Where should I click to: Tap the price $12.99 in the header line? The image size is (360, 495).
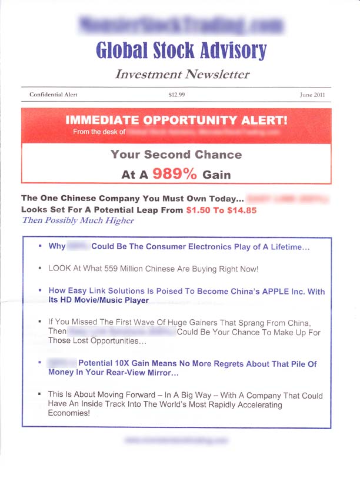coord(177,95)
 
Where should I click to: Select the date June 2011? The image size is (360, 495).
coord(312,95)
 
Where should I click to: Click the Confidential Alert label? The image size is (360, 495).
coord(53,95)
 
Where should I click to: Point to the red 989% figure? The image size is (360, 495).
coord(175,173)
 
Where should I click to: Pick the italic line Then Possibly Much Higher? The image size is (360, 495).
coord(78,220)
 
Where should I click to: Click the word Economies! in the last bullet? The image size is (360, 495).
coord(69,413)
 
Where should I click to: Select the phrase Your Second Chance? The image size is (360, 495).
coord(176,155)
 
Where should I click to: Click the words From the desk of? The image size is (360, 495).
coord(99,132)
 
